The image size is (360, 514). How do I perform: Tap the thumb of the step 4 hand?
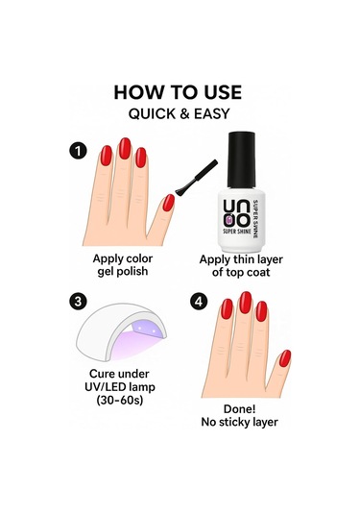[x=283, y=360]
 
